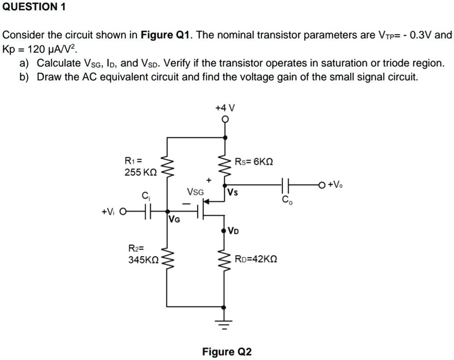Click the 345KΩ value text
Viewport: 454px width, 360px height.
143,260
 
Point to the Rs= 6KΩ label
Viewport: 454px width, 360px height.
254,161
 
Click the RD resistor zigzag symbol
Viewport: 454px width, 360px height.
224,260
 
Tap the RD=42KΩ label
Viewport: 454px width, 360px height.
255,259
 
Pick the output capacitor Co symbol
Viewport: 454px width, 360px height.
286,185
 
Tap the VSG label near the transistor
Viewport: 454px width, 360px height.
195,192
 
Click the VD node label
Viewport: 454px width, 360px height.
233,230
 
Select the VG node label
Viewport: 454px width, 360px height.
174,219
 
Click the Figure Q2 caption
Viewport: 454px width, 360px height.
227,351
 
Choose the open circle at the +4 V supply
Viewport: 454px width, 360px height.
224,119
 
